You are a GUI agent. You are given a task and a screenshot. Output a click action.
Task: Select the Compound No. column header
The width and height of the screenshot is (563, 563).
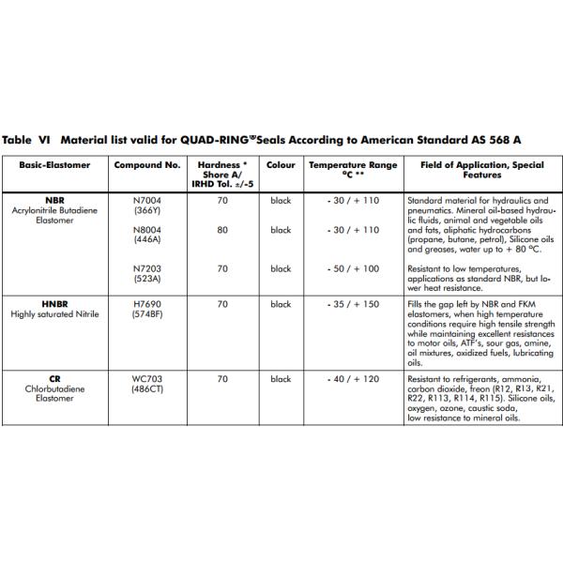tap(146, 164)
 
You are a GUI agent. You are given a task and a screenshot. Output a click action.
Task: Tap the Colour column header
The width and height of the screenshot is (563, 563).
tap(281, 164)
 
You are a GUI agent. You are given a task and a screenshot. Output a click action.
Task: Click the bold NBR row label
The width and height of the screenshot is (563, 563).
tap(54, 201)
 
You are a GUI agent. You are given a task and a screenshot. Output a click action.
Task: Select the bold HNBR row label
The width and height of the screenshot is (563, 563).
tap(54, 305)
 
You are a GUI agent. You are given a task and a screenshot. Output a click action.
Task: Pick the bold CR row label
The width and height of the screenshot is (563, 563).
tap(54, 379)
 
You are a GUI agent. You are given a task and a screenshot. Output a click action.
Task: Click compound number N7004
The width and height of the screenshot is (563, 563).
tap(147, 201)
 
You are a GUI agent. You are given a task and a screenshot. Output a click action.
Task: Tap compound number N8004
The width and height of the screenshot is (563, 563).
tap(147, 230)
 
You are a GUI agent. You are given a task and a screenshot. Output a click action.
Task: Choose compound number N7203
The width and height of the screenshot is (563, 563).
tap(147, 268)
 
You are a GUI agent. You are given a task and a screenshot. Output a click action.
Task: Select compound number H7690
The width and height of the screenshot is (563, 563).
tap(147, 305)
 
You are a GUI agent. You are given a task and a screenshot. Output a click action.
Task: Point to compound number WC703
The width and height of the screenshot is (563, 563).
tap(147, 379)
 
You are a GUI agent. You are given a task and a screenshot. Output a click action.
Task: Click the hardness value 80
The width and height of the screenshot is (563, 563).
tap(222, 230)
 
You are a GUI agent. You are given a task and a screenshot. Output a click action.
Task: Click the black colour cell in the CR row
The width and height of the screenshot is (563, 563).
tap(281, 379)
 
